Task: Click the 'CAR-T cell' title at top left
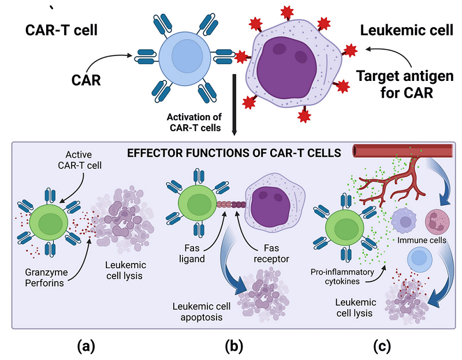[x=61, y=30]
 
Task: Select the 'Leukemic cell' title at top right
[x=398, y=30]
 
